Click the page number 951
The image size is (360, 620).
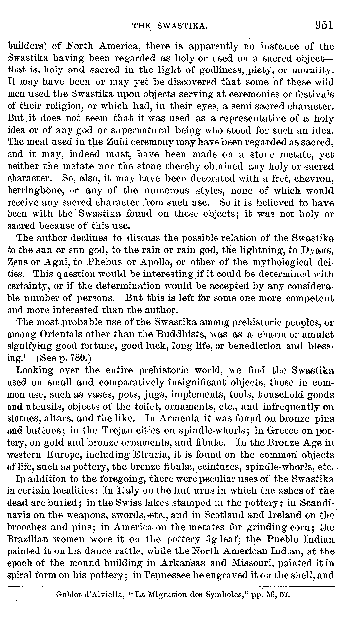[323, 26]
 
